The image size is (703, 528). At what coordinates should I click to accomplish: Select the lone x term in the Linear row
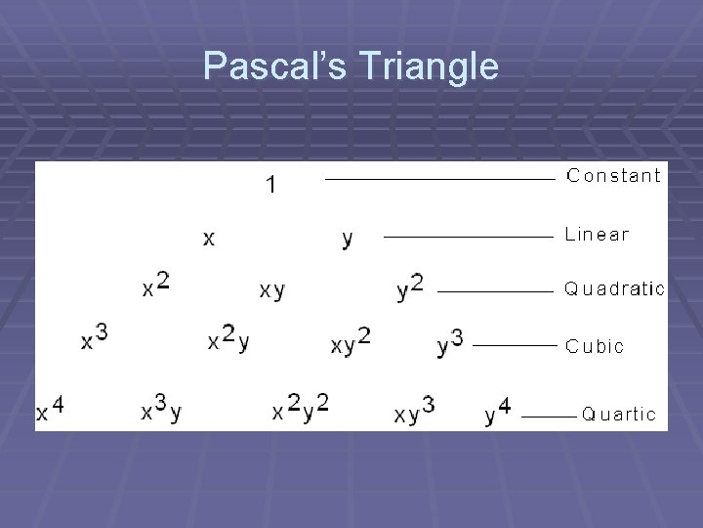[x=209, y=238]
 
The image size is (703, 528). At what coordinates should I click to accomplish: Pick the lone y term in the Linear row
[x=348, y=238]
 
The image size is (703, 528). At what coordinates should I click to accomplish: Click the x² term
[x=155, y=286]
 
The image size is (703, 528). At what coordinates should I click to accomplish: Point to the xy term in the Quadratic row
[x=272, y=290]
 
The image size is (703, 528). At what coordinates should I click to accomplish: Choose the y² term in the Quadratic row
[x=410, y=287]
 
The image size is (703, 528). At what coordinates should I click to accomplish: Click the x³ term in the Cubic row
[x=94, y=338]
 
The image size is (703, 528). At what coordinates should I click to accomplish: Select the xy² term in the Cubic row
[x=351, y=341]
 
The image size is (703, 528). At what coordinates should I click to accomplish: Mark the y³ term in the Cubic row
[x=449, y=342]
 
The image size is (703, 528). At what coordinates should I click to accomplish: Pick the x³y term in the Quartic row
[x=161, y=408]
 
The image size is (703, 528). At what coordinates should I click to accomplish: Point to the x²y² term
[x=300, y=408]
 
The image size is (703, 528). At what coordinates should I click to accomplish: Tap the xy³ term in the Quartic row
[x=415, y=410]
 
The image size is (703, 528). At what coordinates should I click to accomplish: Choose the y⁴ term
[x=497, y=411]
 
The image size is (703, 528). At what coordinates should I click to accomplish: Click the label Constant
[x=614, y=176]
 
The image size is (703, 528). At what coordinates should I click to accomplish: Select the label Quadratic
[x=614, y=288]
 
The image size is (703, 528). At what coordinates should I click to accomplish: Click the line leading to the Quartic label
[x=549, y=416]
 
